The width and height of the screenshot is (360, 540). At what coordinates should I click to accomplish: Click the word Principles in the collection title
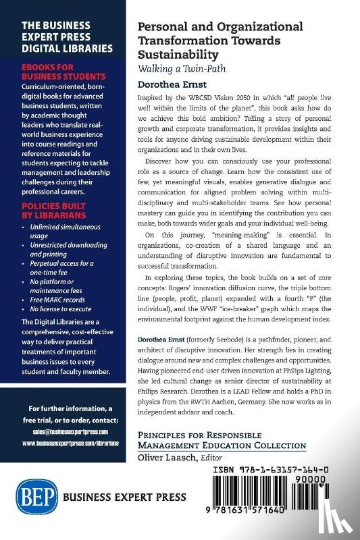(165, 435)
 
